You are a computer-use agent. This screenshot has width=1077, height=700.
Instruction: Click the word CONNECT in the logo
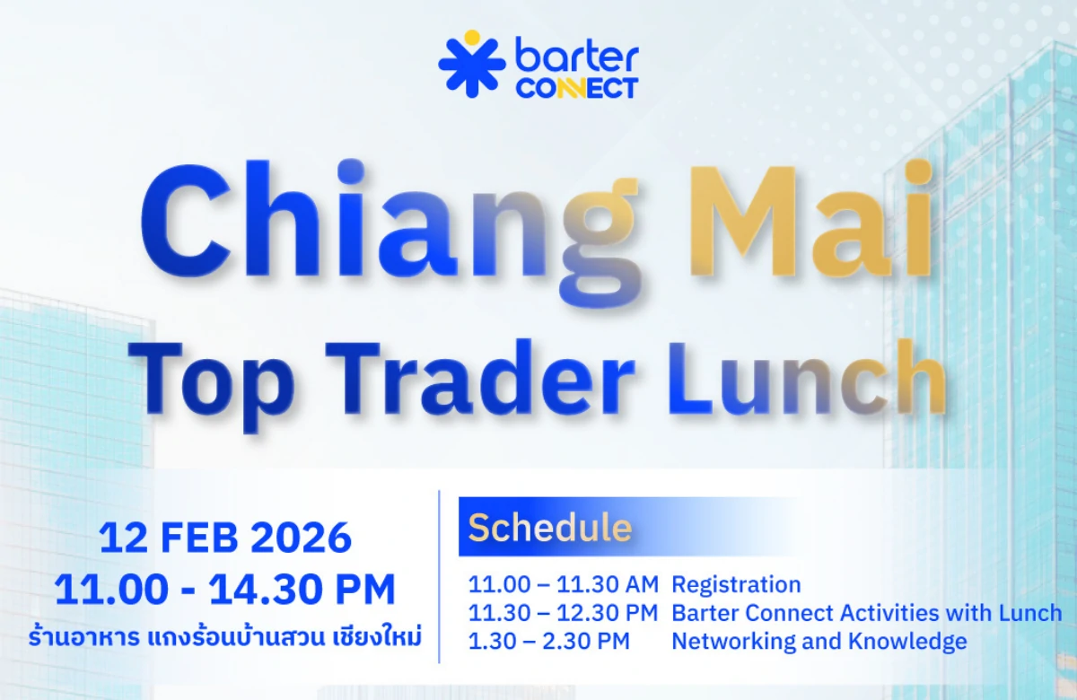(576, 88)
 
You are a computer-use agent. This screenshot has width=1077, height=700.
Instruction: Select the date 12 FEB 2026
(225, 538)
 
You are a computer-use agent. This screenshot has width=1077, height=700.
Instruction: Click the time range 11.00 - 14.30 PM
(225, 590)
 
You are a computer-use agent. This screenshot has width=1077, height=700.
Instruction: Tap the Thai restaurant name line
(225, 638)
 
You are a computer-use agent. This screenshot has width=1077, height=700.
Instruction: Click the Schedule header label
(549, 528)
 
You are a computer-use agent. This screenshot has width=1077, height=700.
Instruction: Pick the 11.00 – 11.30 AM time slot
(563, 585)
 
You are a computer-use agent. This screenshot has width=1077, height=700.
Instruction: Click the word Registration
(736, 585)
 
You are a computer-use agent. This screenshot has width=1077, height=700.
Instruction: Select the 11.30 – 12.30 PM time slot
(563, 614)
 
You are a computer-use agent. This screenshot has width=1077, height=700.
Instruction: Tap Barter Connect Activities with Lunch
(866, 614)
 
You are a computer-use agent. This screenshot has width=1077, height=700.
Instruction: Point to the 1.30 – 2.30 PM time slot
(548, 642)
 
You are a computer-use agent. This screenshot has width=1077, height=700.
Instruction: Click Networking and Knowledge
(819, 642)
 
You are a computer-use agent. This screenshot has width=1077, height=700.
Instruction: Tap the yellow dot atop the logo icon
(472, 37)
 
